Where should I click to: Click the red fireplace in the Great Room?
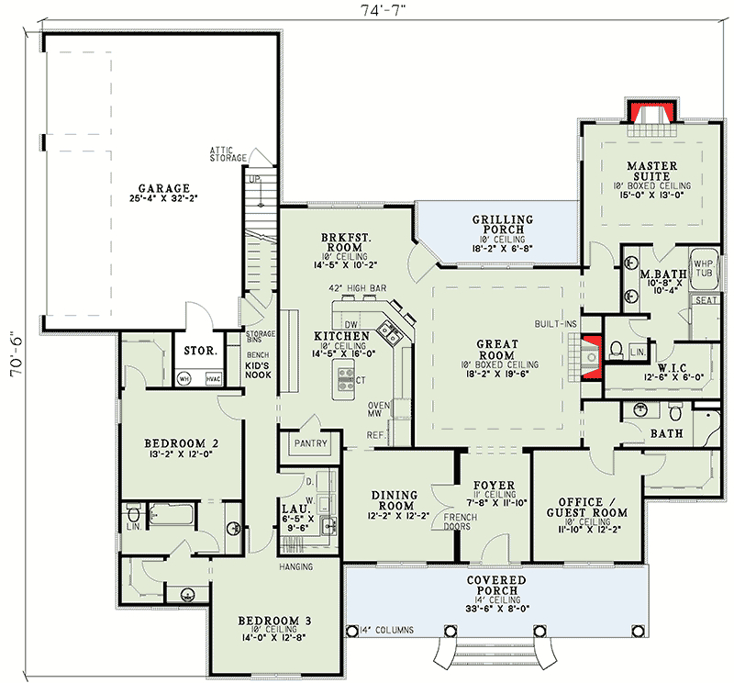coord(592,351)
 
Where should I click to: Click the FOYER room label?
coord(493,486)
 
